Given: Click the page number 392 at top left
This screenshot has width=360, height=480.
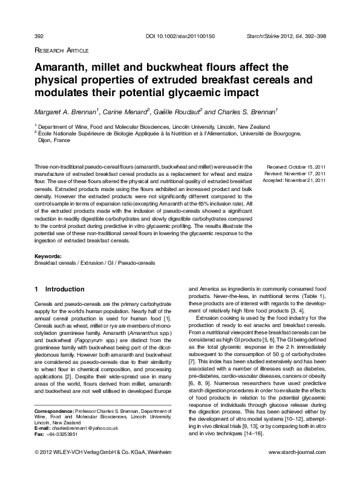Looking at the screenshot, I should coord(39,37).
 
